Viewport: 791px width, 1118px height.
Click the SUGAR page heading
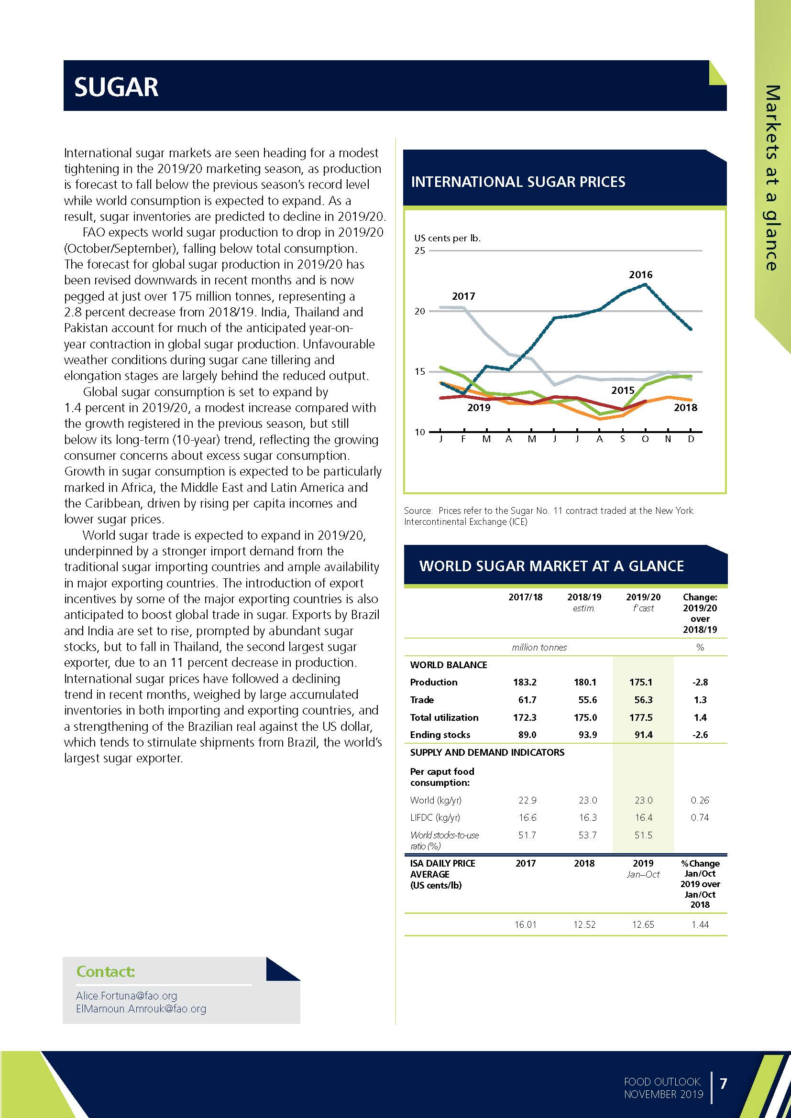tap(116, 87)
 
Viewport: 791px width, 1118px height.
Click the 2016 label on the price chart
tap(640, 275)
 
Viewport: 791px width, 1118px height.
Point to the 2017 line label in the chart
tap(463, 296)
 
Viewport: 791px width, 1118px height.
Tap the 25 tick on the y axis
tap(419, 251)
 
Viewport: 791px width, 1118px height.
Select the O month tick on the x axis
tap(645, 439)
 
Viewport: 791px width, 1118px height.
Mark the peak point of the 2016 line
tap(646, 284)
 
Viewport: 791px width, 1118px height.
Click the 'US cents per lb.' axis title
tap(447, 238)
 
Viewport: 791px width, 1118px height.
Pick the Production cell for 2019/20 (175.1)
tap(643, 682)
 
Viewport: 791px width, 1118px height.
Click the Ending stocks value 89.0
tap(526, 735)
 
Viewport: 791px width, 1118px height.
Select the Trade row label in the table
tap(422, 700)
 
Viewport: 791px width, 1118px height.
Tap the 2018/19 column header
tap(583, 597)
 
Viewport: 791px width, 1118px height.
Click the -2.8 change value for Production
tap(700, 682)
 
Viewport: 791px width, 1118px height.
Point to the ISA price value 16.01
tap(525, 924)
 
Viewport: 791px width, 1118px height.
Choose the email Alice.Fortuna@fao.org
tap(126, 996)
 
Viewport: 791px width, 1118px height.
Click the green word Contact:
tap(105, 971)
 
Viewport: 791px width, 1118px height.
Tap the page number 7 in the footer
tap(723, 1084)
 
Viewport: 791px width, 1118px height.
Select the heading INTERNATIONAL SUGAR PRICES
tap(518, 182)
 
